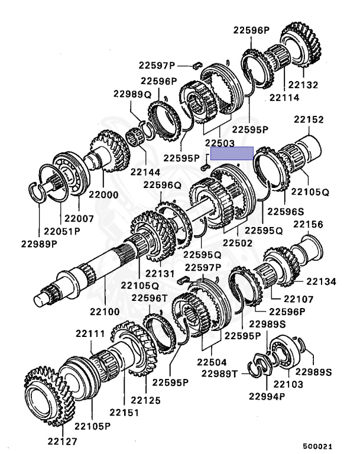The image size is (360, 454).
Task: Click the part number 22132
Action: [303, 85]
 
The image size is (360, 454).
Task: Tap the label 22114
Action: [284, 98]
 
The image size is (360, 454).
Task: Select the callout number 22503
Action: [219, 142]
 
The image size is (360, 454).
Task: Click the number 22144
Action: [145, 172]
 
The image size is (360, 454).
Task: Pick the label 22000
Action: [103, 194]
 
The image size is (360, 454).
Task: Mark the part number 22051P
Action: [62, 231]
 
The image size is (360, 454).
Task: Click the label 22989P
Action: [39, 244]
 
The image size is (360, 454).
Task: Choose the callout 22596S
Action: [286, 212]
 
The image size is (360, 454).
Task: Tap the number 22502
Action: [238, 242]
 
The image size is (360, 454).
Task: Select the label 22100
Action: [105, 312]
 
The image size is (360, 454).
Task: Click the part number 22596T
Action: [150, 298]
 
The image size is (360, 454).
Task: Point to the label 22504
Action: [212, 362]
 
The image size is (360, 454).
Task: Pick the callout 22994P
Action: [267, 397]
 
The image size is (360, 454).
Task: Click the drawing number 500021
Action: [317, 446]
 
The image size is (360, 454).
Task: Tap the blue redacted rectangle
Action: [232, 153]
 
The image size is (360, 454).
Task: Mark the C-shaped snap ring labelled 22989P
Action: [37, 192]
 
